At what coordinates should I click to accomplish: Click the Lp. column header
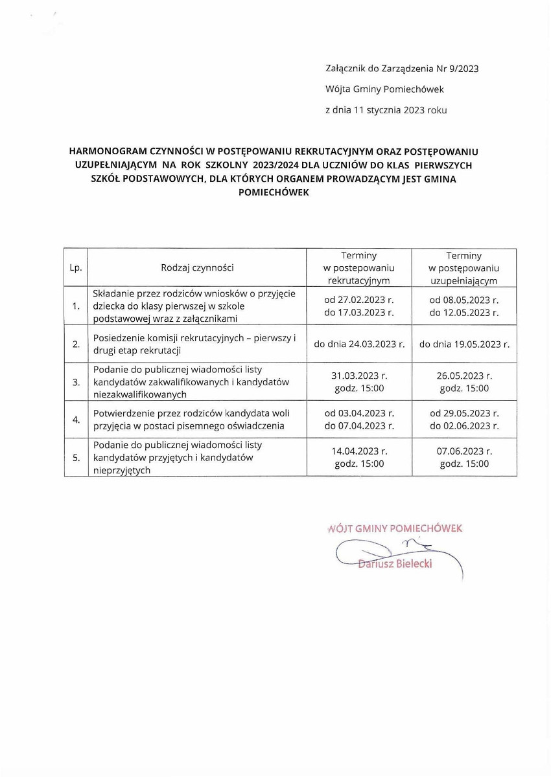(75, 267)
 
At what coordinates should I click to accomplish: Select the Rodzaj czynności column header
(197, 267)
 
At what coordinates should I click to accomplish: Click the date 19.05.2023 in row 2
(473, 344)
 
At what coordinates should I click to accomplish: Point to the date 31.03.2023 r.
(359, 376)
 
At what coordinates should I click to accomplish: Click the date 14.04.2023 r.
(359, 451)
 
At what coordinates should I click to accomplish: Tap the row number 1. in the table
(76, 306)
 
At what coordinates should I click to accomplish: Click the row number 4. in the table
(76, 420)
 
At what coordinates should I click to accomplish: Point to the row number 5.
(76, 458)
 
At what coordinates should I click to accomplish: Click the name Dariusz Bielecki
(395, 563)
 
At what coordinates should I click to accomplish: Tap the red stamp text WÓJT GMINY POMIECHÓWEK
(395, 528)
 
